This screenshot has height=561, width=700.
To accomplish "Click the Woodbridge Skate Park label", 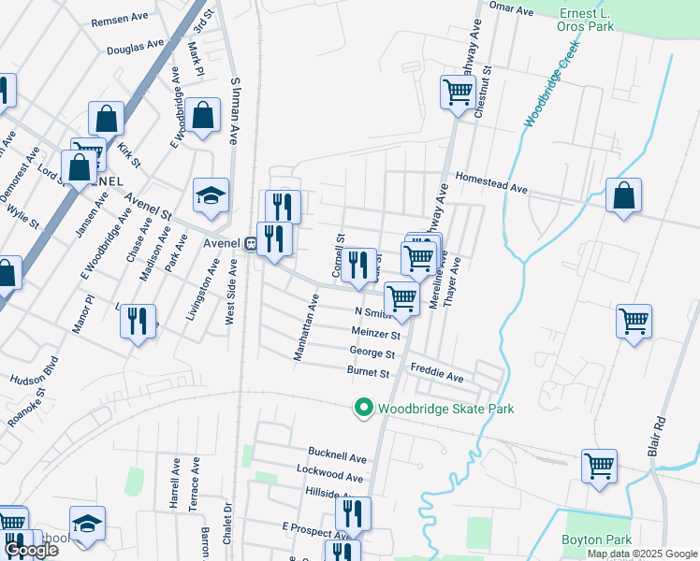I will click(x=445, y=409).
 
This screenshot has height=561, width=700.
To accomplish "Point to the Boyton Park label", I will click(x=596, y=539).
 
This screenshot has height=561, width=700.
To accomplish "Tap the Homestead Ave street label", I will click(x=491, y=181).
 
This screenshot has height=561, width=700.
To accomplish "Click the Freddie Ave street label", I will click(x=437, y=378).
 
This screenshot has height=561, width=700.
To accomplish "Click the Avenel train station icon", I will click(x=251, y=243).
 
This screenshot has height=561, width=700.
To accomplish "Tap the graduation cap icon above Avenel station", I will click(x=211, y=195).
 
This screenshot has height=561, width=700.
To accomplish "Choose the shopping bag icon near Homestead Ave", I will click(x=623, y=196).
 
